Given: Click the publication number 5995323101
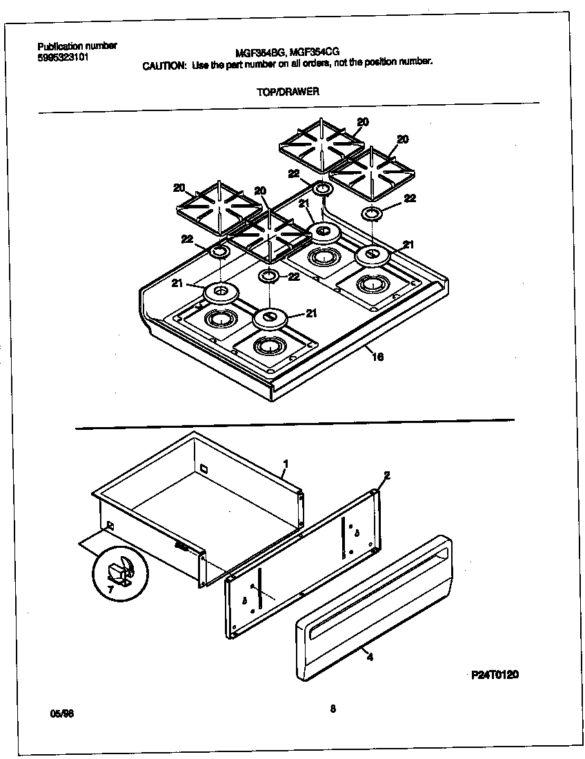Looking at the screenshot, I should (x=62, y=57).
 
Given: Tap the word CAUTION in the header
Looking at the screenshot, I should (x=164, y=65).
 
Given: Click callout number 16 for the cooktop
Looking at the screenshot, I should (x=377, y=357).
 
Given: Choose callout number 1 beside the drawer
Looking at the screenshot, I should (x=285, y=463).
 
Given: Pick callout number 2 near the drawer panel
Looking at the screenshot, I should (x=387, y=475).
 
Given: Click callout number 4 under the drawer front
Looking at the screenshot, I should (x=370, y=657).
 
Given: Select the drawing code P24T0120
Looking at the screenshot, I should (x=495, y=673).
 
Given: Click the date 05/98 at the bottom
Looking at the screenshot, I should (x=61, y=714).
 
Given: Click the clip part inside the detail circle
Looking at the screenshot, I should (x=119, y=570).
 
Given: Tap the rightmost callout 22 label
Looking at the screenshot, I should (x=410, y=198).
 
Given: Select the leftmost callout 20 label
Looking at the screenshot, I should (x=179, y=188).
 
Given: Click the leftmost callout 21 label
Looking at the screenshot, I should (x=177, y=284).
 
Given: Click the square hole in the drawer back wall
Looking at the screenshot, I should (x=204, y=469).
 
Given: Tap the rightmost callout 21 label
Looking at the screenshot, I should (x=408, y=244).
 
